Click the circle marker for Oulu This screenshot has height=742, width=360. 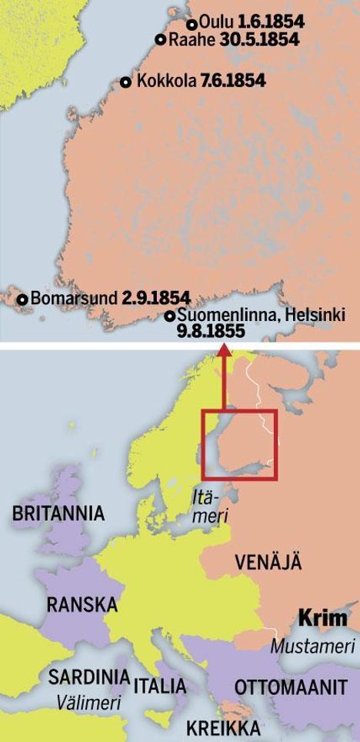192,24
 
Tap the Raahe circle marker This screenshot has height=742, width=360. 161,40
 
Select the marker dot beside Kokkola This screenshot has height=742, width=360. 126,81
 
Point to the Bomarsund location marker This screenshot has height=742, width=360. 23,299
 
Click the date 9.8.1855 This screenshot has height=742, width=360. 209,332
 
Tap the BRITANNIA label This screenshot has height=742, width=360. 58,514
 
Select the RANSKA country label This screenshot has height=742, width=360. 82,604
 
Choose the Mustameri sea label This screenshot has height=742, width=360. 312,647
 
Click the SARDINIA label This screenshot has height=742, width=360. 88,677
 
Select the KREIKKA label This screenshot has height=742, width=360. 223,728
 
